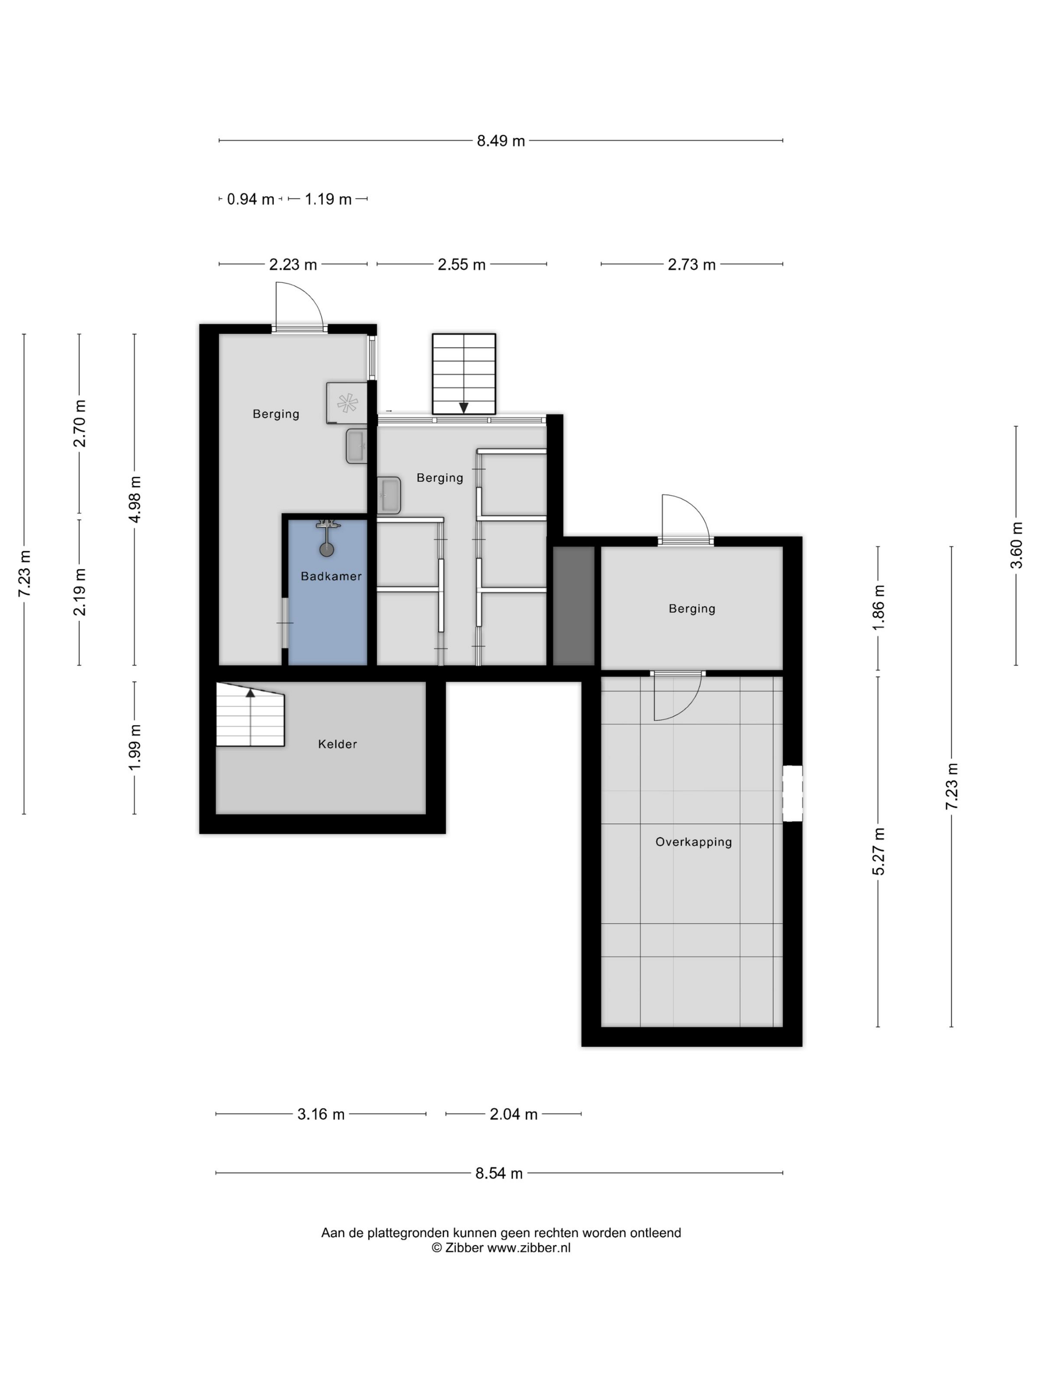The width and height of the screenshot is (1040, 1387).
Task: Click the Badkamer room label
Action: click(331, 576)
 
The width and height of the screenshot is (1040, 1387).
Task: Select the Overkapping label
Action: click(693, 842)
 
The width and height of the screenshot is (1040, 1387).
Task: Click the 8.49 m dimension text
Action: click(501, 141)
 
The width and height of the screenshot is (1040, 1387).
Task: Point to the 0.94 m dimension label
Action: click(251, 200)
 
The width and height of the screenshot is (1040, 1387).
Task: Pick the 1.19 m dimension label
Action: click(328, 200)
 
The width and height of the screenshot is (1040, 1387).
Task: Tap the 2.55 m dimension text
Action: click(462, 265)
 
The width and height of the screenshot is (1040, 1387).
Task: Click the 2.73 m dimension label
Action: click(691, 265)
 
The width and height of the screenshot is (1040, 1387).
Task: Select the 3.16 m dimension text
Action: click(321, 1114)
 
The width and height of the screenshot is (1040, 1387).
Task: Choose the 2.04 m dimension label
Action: click(514, 1114)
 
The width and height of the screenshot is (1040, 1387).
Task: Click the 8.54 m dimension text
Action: click(499, 1173)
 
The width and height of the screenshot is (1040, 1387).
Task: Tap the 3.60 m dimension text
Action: click(1017, 545)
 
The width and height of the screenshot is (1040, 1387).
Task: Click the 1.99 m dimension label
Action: click(135, 748)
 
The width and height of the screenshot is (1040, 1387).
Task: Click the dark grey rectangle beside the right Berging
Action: click(573, 606)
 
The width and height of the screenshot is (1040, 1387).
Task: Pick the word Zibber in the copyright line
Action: click(464, 1248)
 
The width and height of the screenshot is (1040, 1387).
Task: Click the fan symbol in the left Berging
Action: click(347, 403)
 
